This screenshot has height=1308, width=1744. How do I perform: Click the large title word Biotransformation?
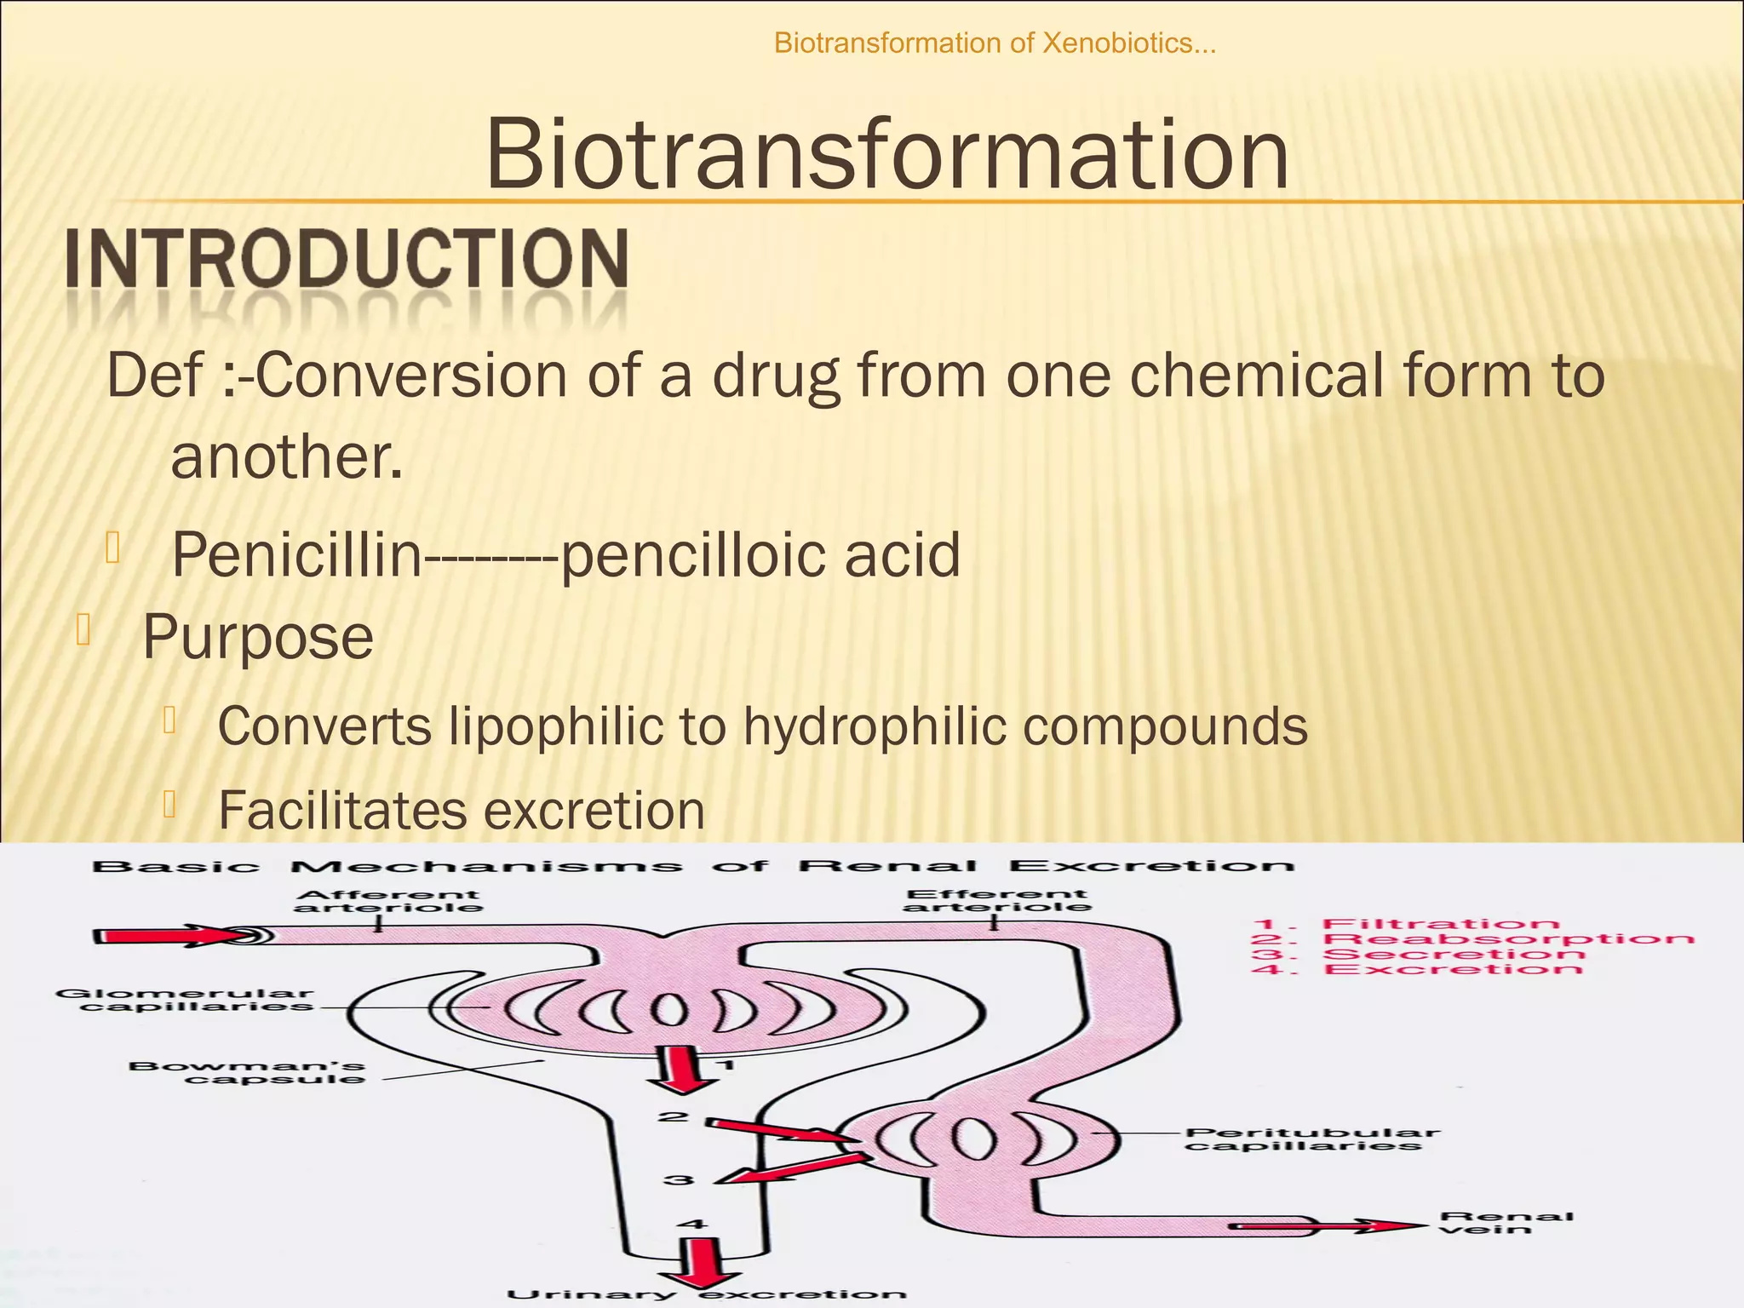click(x=886, y=155)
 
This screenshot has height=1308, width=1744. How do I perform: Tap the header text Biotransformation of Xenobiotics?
click(x=995, y=43)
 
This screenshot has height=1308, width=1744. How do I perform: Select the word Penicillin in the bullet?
click(x=297, y=554)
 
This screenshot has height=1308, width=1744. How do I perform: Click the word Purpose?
click(x=257, y=637)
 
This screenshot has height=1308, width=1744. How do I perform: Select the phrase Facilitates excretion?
click(x=462, y=810)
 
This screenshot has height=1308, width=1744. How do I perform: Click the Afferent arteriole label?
click(x=388, y=901)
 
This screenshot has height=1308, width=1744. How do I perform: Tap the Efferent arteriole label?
click(x=996, y=900)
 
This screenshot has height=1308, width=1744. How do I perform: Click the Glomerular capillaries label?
click(x=185, y=1000)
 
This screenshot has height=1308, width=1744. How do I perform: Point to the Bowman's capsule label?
click(x=247, y=1072)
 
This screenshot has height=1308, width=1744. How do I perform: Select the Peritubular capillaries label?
click(x=1311, y=1139)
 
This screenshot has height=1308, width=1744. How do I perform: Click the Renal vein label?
click(x=1506, y=1223)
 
